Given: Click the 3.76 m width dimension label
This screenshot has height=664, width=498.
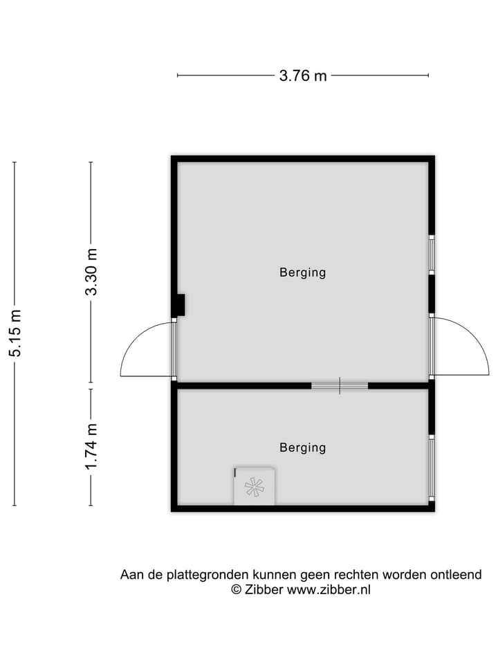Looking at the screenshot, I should click(x=303, y=76).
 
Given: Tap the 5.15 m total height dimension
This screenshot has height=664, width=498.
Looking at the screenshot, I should click(x=15, y=333).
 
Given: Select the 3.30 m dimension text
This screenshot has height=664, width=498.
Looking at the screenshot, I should click(x=91, y=272).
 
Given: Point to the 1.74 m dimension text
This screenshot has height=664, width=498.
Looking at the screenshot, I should click(x=91, y=447).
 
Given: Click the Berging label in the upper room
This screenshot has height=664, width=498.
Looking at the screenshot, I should click(x=302, y=273).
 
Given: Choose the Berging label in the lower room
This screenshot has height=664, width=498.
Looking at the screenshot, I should click(x=302, y=448).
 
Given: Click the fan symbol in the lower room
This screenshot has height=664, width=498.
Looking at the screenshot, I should click(x=254, y=487).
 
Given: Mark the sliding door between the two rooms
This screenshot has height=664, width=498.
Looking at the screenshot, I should click(x=339, y=385).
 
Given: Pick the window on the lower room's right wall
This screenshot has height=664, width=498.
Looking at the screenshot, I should click(x=431, y=468).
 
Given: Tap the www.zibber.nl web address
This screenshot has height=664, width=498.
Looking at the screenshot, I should click(x=329, y=590).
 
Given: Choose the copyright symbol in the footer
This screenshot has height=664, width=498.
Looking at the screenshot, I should click(x=236, y=590).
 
